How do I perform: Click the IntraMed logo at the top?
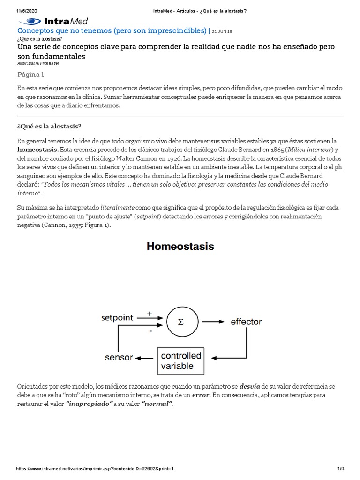[52, 21]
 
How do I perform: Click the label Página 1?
[31, 74]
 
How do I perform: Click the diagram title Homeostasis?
[180, 246]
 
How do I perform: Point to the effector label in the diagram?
[246, 322]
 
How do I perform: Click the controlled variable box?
[181, 360]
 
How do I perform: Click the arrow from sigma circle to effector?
[213, 322]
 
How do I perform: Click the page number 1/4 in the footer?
[341, 469]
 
